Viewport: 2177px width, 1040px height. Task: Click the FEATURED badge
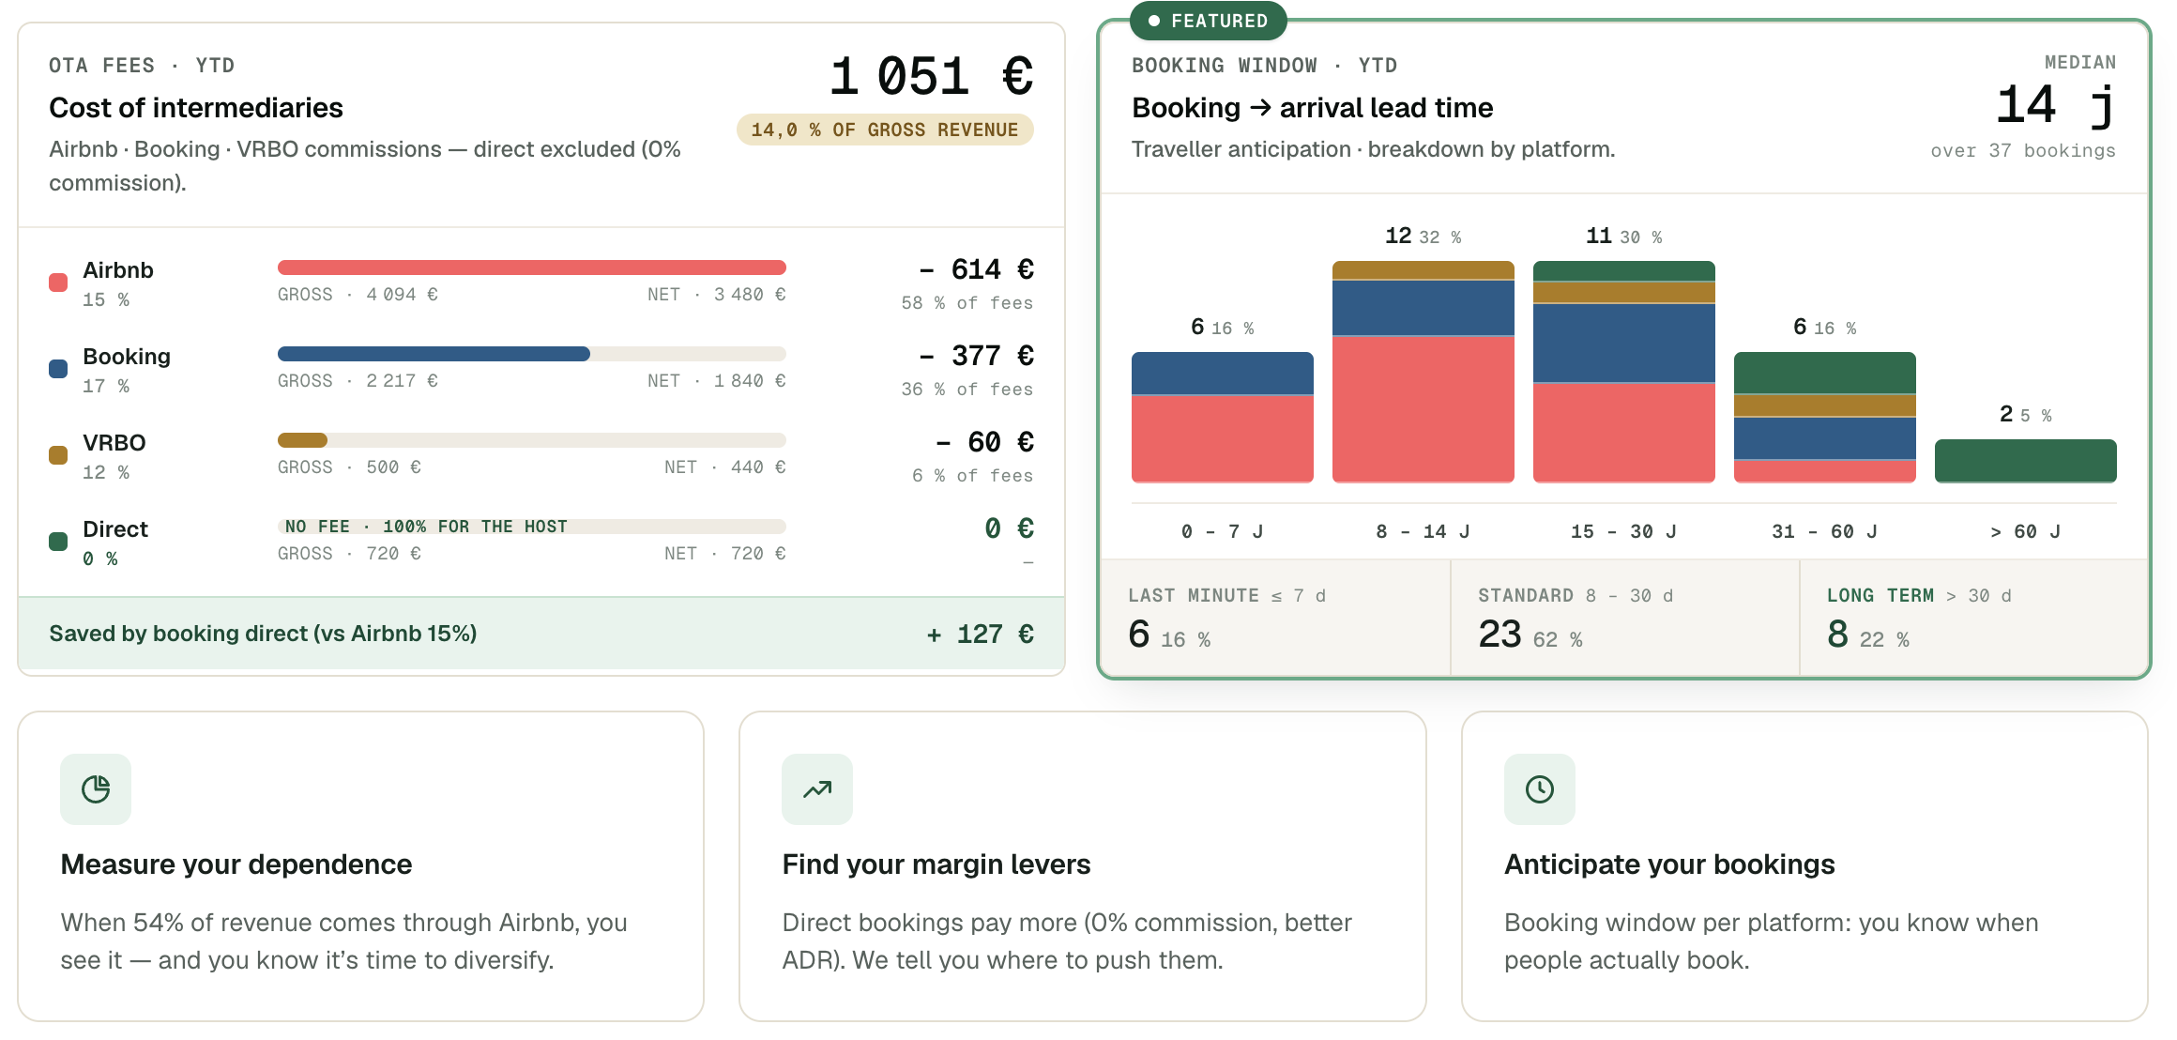tap(1208, 21)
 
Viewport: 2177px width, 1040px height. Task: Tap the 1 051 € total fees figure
tap(931, 76)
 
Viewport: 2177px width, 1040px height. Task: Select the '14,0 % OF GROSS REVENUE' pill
tap(885, 130)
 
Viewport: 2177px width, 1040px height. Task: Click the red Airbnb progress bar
tap(531, 268)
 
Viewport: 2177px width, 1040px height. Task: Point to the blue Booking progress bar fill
tap(434, 354)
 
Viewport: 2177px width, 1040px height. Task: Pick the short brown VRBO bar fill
tap(302, 440)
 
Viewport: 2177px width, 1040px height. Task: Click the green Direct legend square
tap(58, 542)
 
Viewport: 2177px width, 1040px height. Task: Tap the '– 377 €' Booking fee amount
tap(976, 356)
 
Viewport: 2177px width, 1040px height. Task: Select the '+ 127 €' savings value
tap(980, 634)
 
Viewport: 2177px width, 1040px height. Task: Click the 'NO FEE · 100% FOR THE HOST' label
tap(426, 527)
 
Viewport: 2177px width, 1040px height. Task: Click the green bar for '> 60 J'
tap(2025, 461)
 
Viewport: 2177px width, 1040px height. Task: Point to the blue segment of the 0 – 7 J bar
tap(1222, 374)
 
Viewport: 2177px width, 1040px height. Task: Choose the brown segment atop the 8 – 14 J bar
tap(1423, 270)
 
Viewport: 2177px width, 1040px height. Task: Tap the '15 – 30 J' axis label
tap(1623, 531)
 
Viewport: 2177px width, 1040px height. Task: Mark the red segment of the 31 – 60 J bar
tap(1824, 471)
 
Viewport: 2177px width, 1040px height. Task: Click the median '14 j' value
tap(2055, 105)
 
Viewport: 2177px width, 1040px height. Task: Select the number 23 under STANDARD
tap(1500, 635)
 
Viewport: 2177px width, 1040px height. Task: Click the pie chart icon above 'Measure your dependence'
tap(96, 789)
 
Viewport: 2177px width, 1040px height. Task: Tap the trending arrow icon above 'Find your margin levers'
tap(817, 789)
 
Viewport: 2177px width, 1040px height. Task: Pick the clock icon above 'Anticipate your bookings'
tap(1540, 789)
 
